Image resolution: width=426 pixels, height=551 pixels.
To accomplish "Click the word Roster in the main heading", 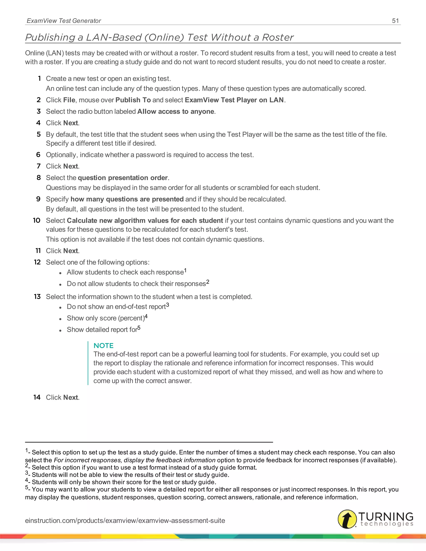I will [x=278, y=37].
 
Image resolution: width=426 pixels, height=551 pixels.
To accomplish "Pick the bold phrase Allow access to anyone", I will [x=176, y=111].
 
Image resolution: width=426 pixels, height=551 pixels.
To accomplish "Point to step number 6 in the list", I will [x=38, y=155].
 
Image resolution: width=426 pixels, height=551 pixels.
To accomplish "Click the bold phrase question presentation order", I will [x=123, y=178].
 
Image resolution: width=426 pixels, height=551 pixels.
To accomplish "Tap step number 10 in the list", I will [x=37, y=220].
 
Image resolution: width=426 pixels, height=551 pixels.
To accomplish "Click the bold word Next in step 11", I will [x=71, y=251].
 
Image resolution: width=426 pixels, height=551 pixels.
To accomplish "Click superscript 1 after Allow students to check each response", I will [x=185, y=271].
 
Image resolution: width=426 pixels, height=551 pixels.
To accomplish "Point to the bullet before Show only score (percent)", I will [x=60, y=319].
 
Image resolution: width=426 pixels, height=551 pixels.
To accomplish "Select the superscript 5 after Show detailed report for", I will [x=139, y=328].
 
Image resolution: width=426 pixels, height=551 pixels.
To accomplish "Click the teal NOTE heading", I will [x=103, y=345].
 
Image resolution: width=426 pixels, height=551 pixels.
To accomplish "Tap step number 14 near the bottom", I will [x=37, y=397].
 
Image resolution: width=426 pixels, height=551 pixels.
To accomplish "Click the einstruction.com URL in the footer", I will [x=125, y=520].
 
